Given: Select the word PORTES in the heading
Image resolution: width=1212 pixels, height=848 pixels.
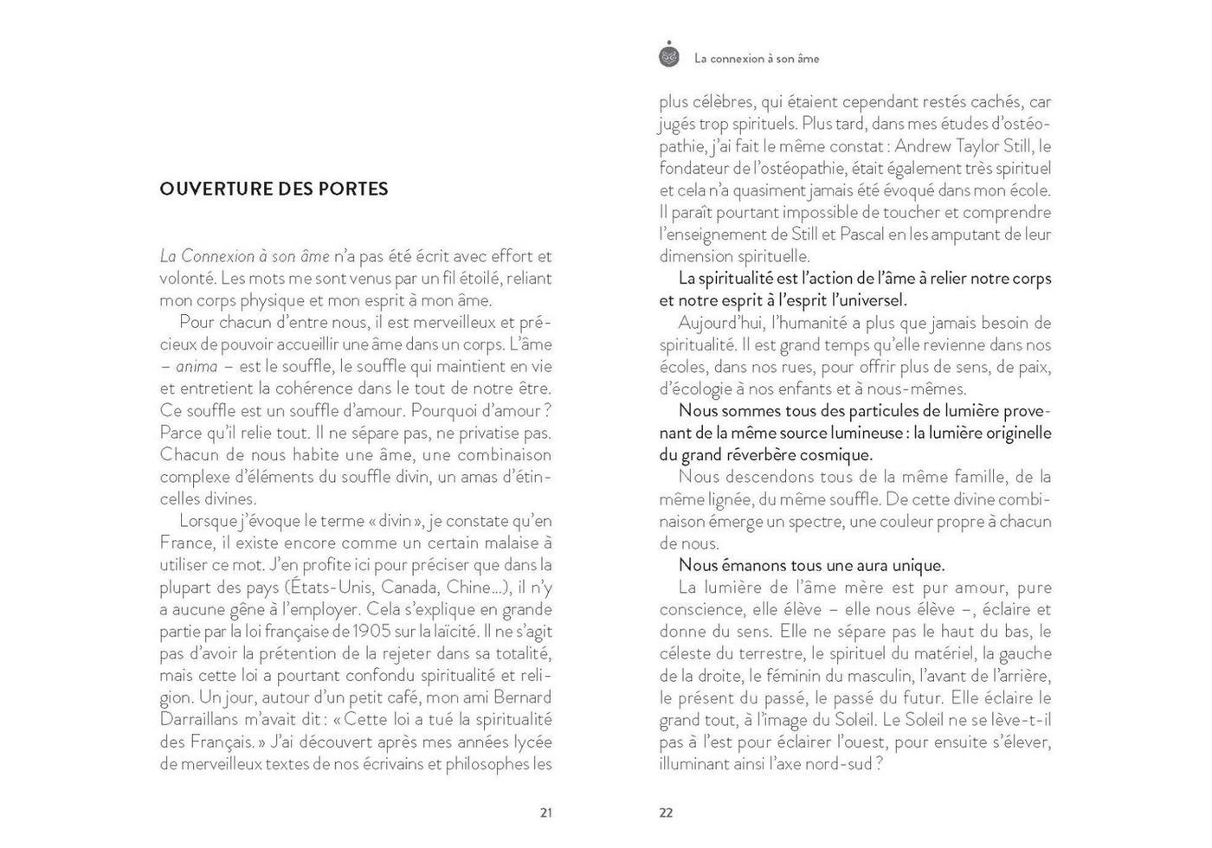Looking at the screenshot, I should [x=353, y=189].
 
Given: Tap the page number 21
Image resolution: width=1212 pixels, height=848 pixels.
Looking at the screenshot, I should [x=545, y=813].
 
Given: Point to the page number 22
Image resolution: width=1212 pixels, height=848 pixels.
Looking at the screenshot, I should [x=666, y=813].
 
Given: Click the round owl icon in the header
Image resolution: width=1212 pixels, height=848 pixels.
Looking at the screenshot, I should [x=669, y=55].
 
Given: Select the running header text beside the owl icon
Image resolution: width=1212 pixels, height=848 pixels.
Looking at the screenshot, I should [x=757, y=59].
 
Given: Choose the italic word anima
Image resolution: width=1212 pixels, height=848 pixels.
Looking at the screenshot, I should [x=197, y=366].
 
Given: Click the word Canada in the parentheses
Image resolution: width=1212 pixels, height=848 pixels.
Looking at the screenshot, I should [x=409, y=587].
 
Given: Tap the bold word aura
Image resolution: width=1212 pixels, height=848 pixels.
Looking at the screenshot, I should [x=841, y=565].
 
